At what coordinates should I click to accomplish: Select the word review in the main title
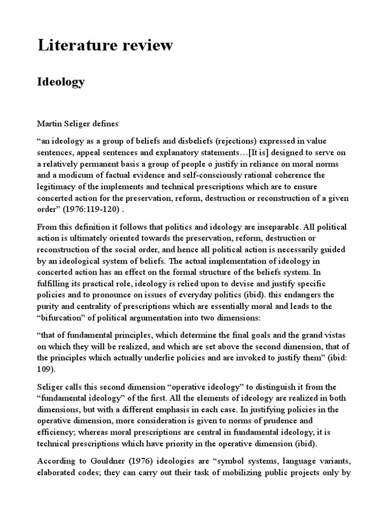pos(148,45)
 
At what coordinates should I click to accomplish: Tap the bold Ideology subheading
pos(61,82)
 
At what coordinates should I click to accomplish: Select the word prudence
pos(290,421)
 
